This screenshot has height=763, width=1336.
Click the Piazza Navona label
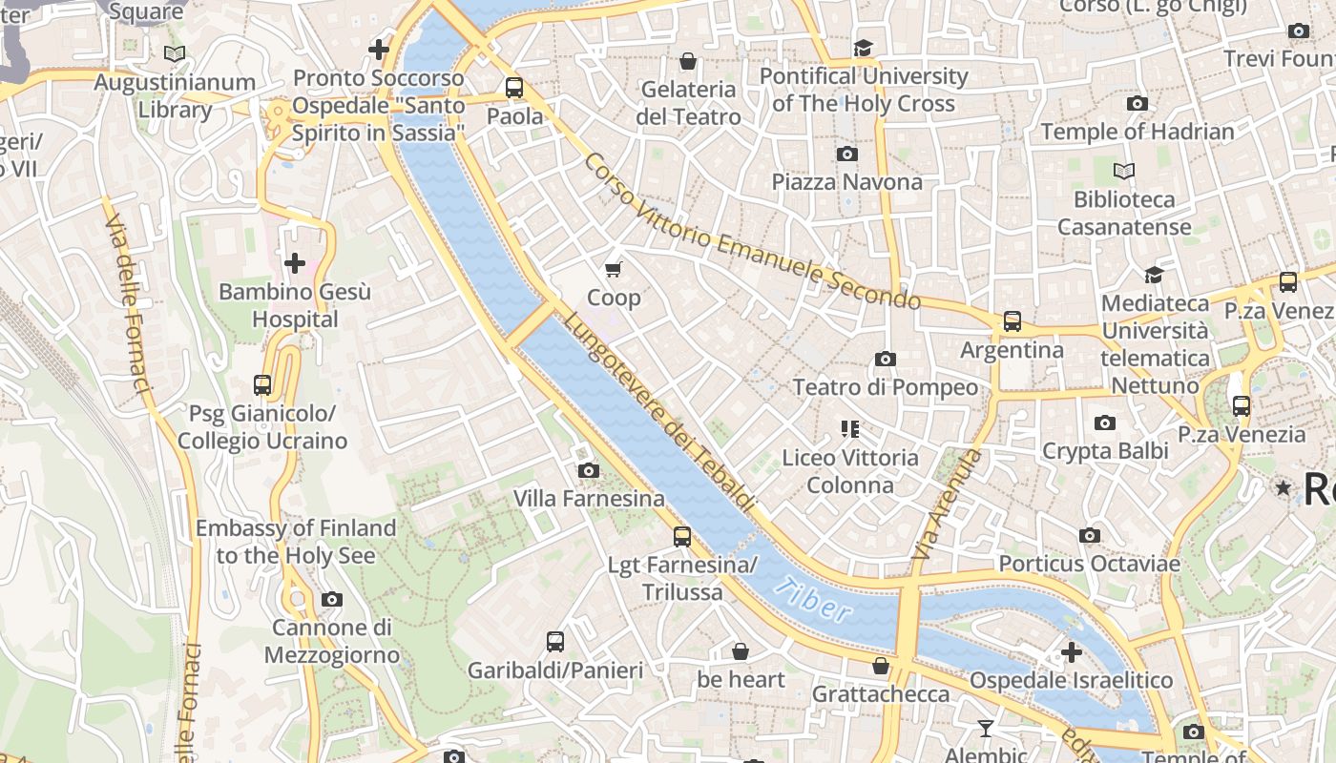(846, 182)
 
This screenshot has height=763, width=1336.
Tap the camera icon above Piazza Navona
(846, 155)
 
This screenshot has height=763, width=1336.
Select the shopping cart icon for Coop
(614, 270)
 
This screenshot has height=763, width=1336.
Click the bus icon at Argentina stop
(1012, 322)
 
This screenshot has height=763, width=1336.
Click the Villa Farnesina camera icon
(589, 470)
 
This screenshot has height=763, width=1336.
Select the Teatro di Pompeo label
(886, 387)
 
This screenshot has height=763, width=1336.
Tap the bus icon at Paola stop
(514, 89)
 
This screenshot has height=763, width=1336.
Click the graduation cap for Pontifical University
(863, 48)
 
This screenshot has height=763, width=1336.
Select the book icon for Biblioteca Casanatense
(1124, 172)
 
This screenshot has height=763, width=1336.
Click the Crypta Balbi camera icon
(1105, 423)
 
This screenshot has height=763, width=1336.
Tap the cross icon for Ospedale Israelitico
(1071, 652)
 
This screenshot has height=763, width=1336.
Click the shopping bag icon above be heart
(741, 651)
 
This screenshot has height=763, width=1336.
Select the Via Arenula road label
(947, 505)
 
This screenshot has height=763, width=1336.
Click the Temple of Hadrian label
(1138, 132)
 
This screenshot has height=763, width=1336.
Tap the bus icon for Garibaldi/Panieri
(555, 642)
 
